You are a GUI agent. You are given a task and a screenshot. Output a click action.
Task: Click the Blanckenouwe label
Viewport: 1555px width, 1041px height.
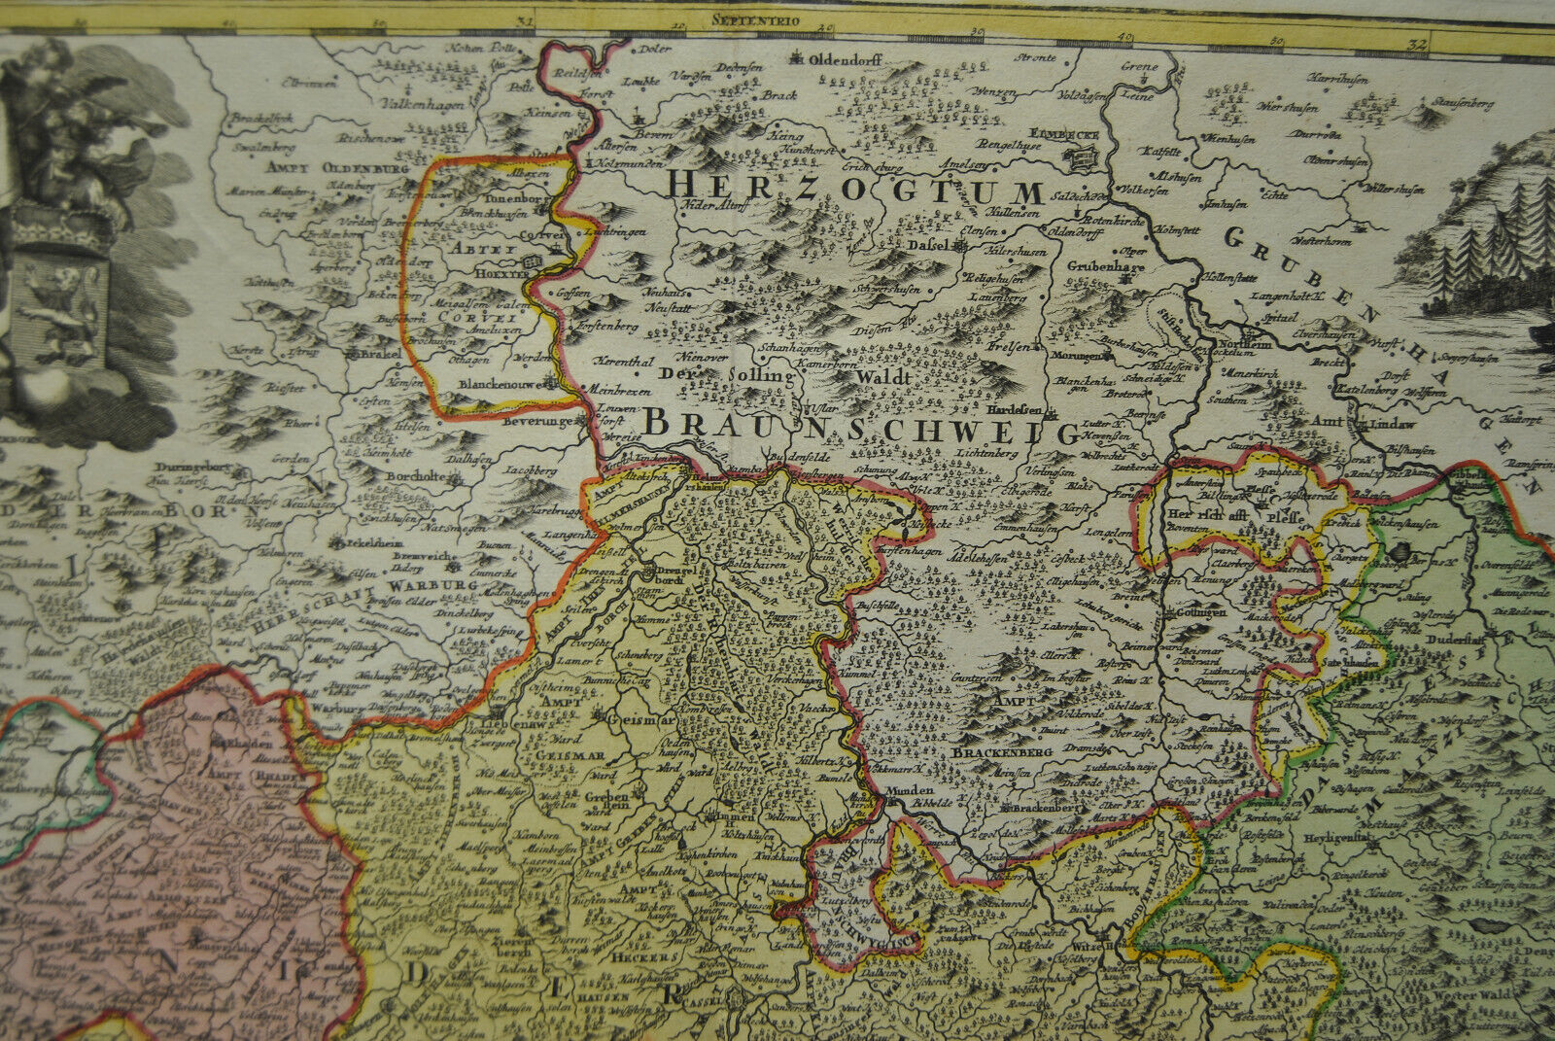click(x=501, y=383)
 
